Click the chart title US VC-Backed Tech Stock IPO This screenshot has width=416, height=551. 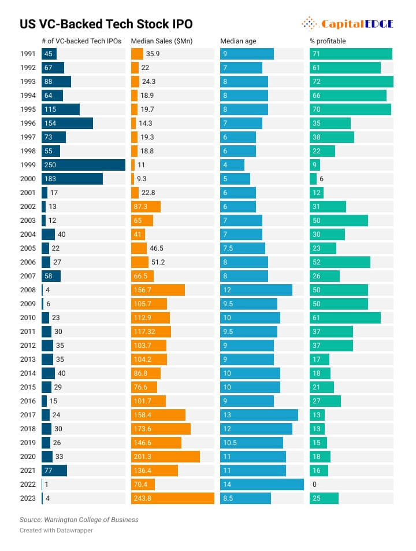click(106, 24)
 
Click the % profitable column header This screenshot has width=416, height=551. click(328, 42)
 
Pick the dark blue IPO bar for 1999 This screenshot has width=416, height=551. click(83, 165)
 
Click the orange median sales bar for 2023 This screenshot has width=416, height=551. click(172, 498)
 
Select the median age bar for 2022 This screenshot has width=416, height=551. click(262, 484)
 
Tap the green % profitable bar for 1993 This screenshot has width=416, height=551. click(351, 82)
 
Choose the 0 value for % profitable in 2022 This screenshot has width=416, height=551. click(314, 484)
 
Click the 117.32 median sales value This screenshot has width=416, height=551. click(147, 332)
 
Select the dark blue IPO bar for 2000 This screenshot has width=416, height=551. click(72, 179)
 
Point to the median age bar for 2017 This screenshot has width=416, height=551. click(259, 415)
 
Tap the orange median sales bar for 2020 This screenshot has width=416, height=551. click(165, 457)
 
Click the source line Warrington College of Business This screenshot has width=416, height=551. click(79, 520)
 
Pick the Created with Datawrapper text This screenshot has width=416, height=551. click(56, 530)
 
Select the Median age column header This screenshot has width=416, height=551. click(238, 42)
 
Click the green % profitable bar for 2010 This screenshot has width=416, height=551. click(345, 318)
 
